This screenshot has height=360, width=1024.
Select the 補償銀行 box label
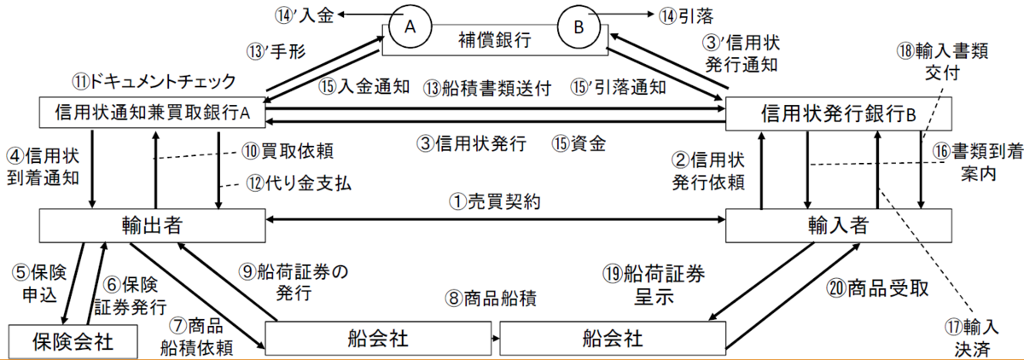[495, 40]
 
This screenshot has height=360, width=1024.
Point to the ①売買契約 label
[495, 201]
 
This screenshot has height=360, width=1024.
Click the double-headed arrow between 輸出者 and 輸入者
[496, 220]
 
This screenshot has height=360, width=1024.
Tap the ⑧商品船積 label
[491, 299]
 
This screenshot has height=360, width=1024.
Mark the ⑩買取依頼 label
[288, 151]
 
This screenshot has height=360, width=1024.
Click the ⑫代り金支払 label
[299, 183]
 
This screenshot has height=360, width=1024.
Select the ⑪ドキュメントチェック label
[154, 82]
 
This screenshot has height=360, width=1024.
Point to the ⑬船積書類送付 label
[487, 88]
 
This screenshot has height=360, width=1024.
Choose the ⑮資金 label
[579, 143]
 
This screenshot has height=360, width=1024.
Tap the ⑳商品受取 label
[877, 288]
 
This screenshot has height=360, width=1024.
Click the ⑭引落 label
[686, 16]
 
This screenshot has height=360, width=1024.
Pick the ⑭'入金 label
[304, 15]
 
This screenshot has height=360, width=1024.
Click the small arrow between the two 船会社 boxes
[496, 339]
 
